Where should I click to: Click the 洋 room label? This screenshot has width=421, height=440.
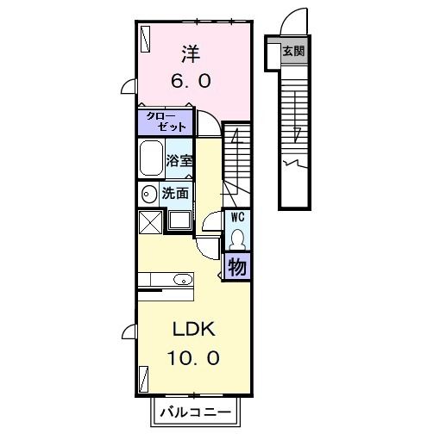190,54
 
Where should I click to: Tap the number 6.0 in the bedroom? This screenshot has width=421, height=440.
190,83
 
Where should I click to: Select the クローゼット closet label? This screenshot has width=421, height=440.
165,121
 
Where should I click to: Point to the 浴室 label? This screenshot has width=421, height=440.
179,160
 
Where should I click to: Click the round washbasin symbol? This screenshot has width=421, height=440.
148,194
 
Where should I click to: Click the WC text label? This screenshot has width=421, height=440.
236,218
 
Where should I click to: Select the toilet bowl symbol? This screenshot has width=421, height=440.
237,237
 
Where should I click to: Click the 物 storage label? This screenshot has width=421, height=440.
236,266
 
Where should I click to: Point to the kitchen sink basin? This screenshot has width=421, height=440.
181,279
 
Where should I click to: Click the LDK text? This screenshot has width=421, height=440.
191,330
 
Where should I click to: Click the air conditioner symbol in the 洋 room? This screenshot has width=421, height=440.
145,39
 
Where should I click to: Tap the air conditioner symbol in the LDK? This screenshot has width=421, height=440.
145,377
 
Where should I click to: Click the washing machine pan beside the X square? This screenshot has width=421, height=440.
180,220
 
